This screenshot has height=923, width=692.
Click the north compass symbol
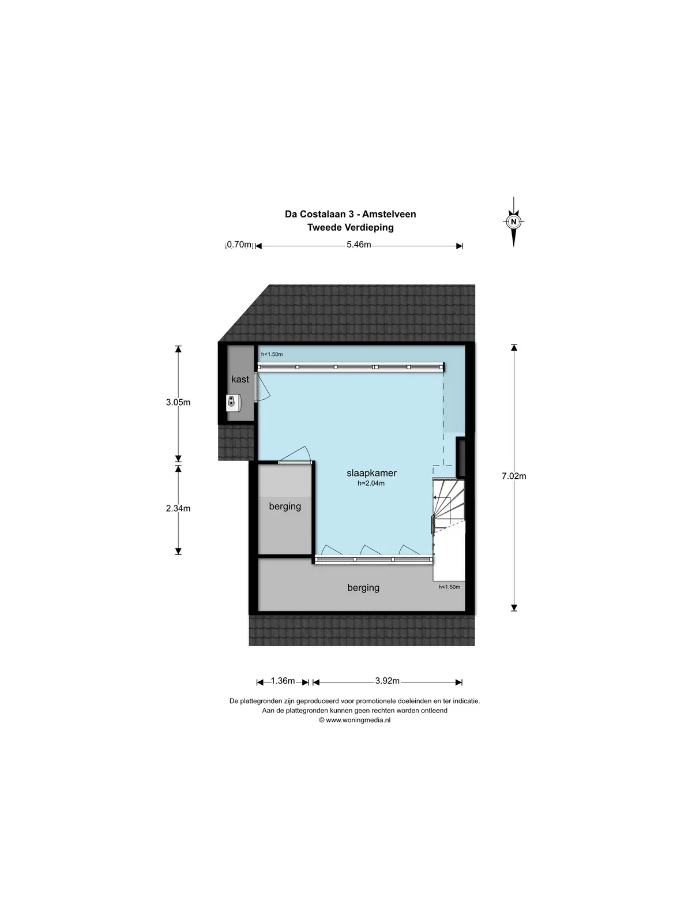click(513, 222)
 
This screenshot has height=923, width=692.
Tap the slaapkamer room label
click(371, 473)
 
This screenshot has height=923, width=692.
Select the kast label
click(240, 379)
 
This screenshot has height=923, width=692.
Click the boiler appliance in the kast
click(233, 403)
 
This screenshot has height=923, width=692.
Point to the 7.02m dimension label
click(514, 476)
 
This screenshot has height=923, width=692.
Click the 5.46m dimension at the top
click(359, 245)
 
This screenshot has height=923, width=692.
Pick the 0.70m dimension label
click(239, 245)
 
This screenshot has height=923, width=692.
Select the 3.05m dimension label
click(178, 403)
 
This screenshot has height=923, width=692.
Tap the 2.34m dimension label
click(178, 508)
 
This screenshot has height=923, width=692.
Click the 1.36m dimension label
click(283, 681)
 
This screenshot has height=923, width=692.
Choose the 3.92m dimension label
click(388, 681)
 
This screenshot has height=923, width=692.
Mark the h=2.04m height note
click(371, 483)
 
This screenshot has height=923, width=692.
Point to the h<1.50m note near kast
click(272, 354)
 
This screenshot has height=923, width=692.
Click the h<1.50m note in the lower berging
click(449, 587)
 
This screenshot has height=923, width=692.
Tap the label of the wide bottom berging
click(363, 588)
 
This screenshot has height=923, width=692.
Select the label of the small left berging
click(285, 506)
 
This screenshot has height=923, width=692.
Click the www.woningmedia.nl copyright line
click(355, 720)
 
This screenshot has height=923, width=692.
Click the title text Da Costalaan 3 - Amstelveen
click(351, 214)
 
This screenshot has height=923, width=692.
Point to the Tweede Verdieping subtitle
click(351, 227)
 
